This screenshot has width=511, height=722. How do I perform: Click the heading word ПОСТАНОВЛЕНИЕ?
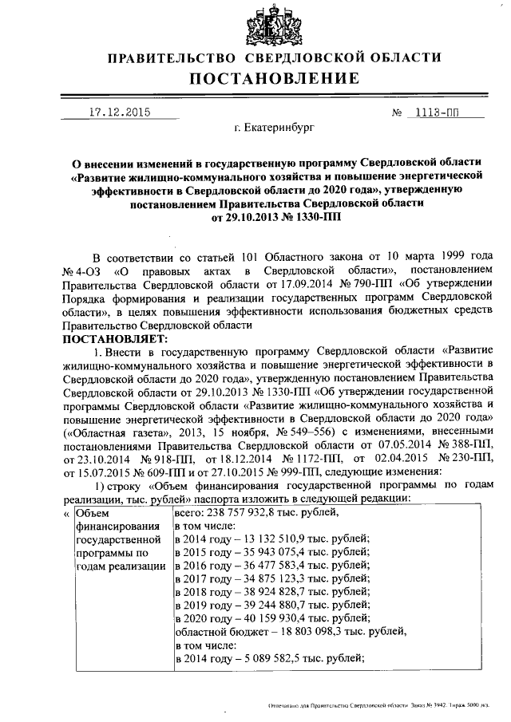[x=274, y=78]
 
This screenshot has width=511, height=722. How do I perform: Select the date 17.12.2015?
[x=119, y=112]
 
